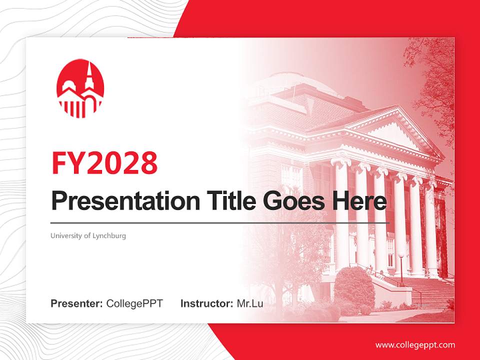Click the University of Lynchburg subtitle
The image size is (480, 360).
pos(88,235)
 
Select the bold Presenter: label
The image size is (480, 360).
pos(76,303)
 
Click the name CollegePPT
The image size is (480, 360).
pos(134,303)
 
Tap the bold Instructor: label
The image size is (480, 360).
pos(206,303)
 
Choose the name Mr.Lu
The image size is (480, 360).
pos(249,303)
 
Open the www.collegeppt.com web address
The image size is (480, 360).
pos(415,345)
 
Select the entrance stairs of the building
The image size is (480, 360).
pos(430,292)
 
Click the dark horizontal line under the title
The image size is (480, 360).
pos(220,223)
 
